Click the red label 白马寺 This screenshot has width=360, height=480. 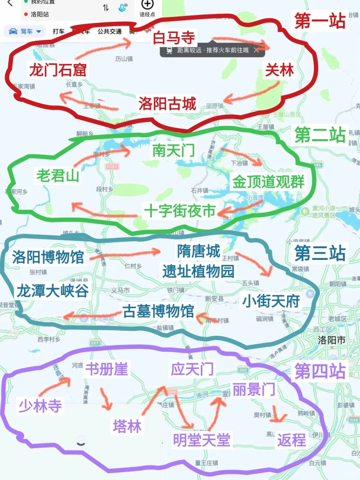(174, 37)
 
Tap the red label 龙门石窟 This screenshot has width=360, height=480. (58, 70)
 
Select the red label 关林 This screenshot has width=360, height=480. (279, 70)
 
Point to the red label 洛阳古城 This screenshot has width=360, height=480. (167, 104)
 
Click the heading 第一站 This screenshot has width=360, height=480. (320, 21)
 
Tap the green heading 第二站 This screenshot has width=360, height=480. (320, 135)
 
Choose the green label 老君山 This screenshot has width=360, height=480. (58, 175)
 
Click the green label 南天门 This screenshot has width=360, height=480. (174, 150)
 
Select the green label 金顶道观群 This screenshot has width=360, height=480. (268, 182)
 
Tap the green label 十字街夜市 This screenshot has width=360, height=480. (180, 211)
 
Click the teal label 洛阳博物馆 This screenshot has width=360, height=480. (48, 257)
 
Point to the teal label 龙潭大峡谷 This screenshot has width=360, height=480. (53, 291)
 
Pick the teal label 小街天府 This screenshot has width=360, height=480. (271, 301)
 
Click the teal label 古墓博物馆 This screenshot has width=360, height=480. (158, 311)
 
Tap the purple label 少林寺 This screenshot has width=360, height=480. (40, 406)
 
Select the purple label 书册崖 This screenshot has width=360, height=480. (107, 369)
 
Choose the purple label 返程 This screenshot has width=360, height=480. (292, 440)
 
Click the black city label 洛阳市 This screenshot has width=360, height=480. (331, 340)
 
